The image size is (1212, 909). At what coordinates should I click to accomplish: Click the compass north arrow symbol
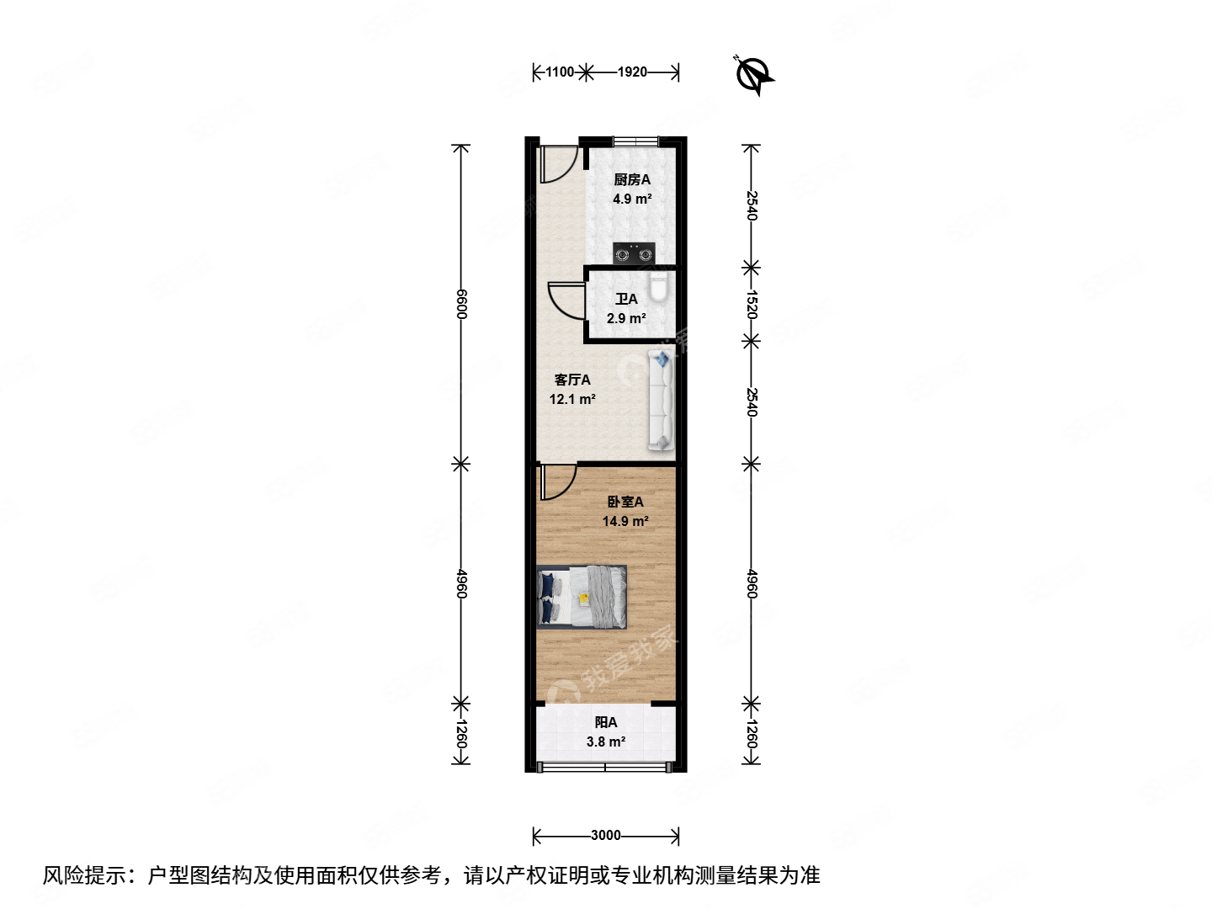[753, 74]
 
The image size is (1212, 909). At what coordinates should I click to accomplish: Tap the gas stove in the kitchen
[634, 252]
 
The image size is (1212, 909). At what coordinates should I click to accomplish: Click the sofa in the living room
[661, 400]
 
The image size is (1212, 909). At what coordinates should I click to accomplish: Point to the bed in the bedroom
[582, 597]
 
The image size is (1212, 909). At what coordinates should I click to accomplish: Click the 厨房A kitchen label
[632, 179]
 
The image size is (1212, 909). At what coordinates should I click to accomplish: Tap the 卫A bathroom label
[626, 299]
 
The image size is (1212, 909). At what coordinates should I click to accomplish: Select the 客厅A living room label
[572, 380]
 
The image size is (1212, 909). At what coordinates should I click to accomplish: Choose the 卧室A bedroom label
[625, 502]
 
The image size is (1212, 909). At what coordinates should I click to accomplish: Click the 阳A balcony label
[606, 722]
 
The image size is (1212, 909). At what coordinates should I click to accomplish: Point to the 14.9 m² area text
[625, 521]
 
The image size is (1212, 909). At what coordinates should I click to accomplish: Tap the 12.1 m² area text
[572, 399]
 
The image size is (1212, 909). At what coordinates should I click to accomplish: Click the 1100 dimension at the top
[560, 72]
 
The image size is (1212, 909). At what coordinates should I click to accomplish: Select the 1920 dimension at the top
[632, 72]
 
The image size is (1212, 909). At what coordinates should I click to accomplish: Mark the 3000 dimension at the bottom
[605, 836]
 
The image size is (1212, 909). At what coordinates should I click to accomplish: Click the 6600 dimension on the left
[461, 303]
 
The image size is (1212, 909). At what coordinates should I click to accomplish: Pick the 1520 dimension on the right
[752, 304]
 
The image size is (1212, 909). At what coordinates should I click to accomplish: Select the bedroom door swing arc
[557, 482]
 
